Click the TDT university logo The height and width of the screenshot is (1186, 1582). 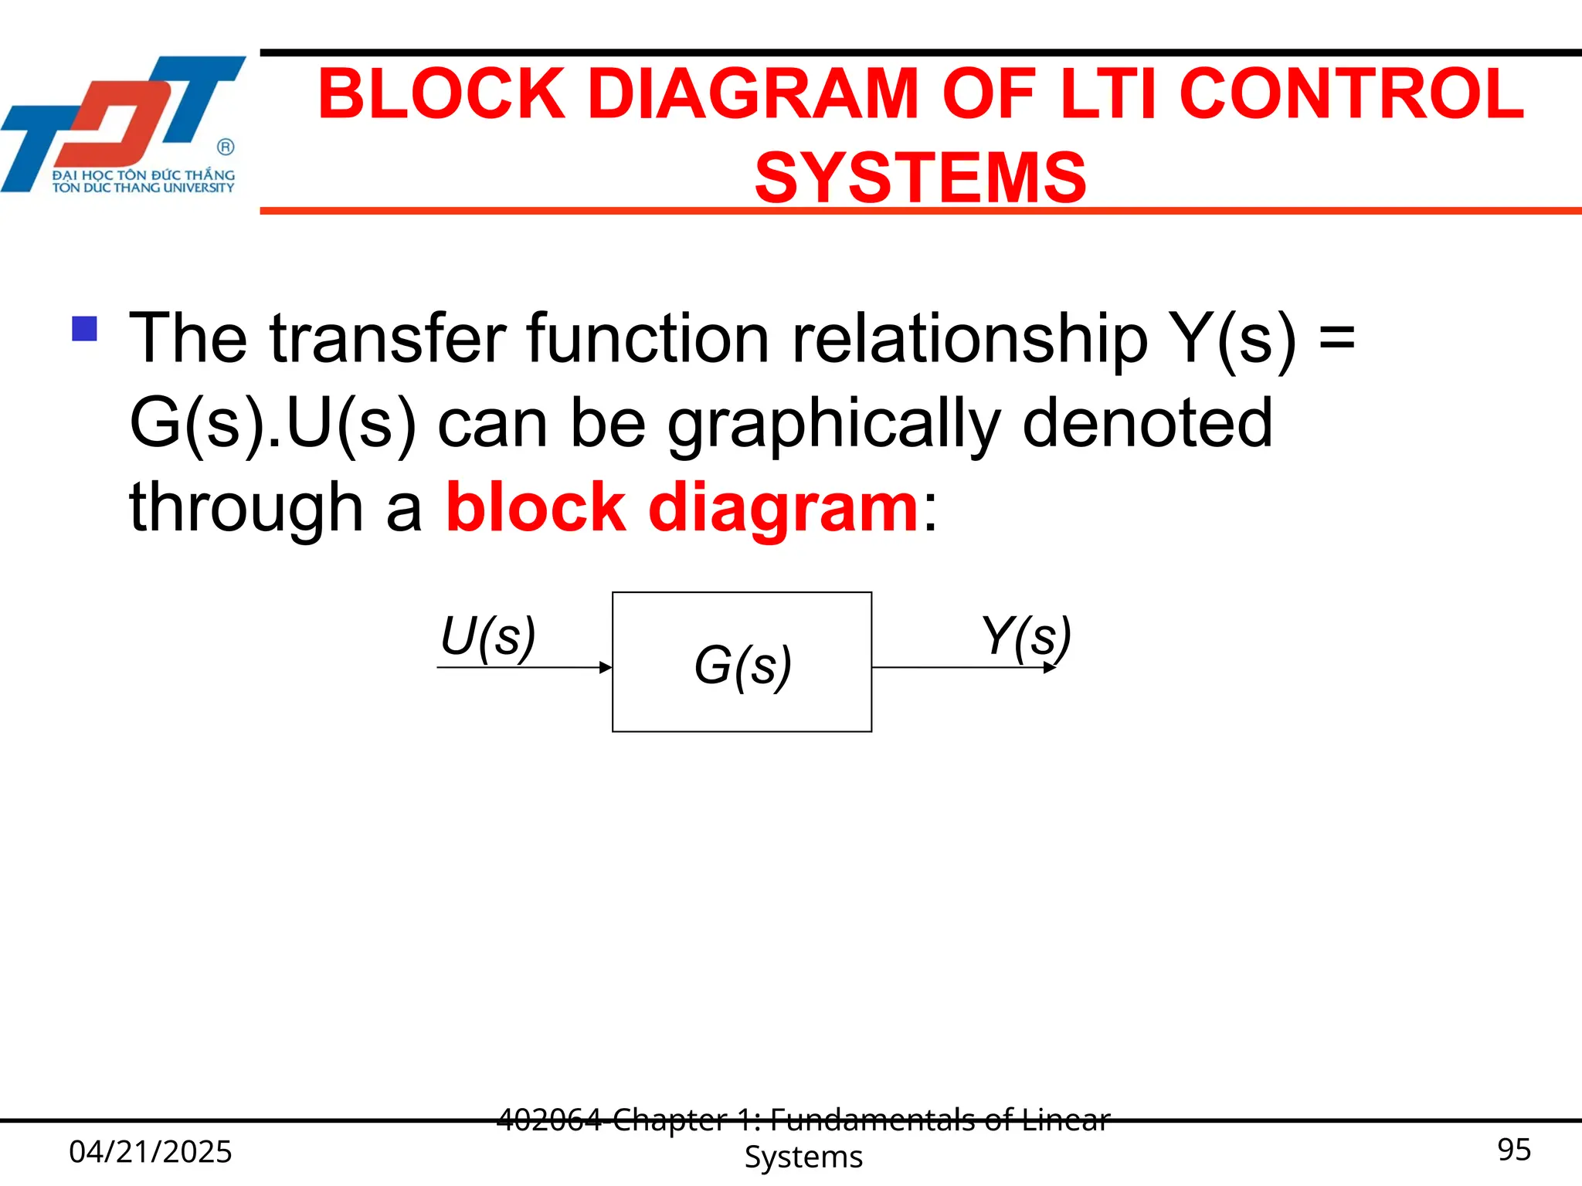(x=124, y=124)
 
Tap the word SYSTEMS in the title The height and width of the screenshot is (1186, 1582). (x=921, y=178)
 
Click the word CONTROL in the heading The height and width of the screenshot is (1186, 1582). (x=1352, y=94)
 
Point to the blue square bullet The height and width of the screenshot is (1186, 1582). (x=84, y=329)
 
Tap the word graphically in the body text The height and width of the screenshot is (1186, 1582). (x=834, y=425)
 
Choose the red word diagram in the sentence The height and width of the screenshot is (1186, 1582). (x=783, y=510)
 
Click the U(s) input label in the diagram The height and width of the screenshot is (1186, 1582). (x=487, y=638)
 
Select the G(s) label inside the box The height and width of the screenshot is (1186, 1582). (x=742, y=666)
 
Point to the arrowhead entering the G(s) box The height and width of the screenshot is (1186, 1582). (x=606, y=668)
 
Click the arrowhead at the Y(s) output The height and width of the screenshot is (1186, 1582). (x=1050, y=668)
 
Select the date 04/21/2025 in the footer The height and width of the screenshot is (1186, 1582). (x=151, y=1151)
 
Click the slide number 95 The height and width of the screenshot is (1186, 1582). (x=1514, y=1150)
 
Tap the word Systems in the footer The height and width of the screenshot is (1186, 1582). (x=803, y=1157)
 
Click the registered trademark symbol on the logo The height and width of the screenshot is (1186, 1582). (x=226, y=147)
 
